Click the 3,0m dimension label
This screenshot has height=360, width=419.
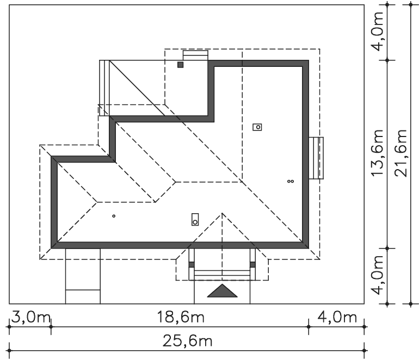pos(30,318)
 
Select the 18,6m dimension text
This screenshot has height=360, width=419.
pos(180,317)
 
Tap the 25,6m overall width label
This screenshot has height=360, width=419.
pos(187,341)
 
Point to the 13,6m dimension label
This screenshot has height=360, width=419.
pos(378,153)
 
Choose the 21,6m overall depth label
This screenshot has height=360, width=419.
pos(401,153)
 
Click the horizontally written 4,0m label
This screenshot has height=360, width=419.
pos(337,317)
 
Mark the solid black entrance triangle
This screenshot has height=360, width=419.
pos(222,291)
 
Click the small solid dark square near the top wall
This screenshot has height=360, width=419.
pos(180,65)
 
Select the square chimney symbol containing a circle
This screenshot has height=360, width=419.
pos(257,127)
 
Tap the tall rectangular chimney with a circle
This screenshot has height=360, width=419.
pos(195,219)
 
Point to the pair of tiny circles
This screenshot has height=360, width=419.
pos(291,181)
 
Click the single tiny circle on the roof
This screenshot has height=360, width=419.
pos(114,216)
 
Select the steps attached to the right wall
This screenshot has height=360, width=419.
pos(316,158)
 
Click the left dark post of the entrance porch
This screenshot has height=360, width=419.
pos(192,264)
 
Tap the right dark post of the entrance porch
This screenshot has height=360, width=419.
pos(252,264)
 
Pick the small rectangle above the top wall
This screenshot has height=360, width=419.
pos(195,55)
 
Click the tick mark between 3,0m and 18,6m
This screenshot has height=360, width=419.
pos(51,327)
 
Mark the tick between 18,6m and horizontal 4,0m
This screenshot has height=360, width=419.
pos(309,327)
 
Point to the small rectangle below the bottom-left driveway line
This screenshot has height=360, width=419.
pos(83,297)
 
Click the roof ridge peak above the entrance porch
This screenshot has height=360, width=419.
pos(222,213)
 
